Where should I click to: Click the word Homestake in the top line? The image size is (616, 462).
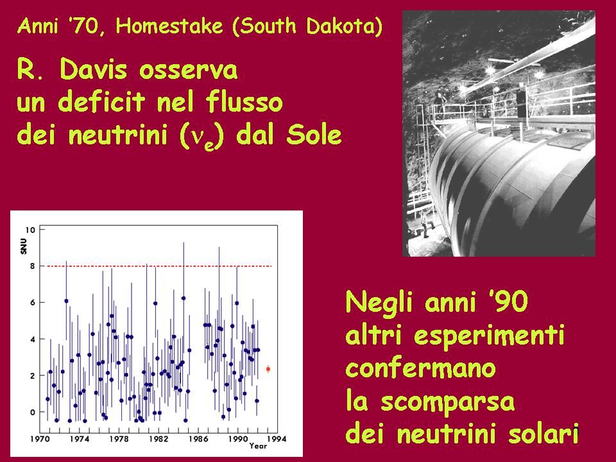169,26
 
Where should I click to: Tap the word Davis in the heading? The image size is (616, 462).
94,69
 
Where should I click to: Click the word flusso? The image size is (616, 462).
244,101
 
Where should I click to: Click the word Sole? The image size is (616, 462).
314,134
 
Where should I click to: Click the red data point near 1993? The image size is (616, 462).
268,369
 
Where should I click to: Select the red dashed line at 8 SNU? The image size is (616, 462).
159,266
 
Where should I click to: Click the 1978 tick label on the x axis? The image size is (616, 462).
119,439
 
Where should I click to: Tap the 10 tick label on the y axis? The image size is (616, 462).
30,230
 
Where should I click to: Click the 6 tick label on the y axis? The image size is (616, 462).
32,302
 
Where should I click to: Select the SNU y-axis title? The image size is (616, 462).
24,246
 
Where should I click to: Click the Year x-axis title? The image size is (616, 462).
258,446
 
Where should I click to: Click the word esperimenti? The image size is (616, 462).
489,335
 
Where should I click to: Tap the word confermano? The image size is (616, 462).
421,368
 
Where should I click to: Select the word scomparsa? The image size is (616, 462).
447,402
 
